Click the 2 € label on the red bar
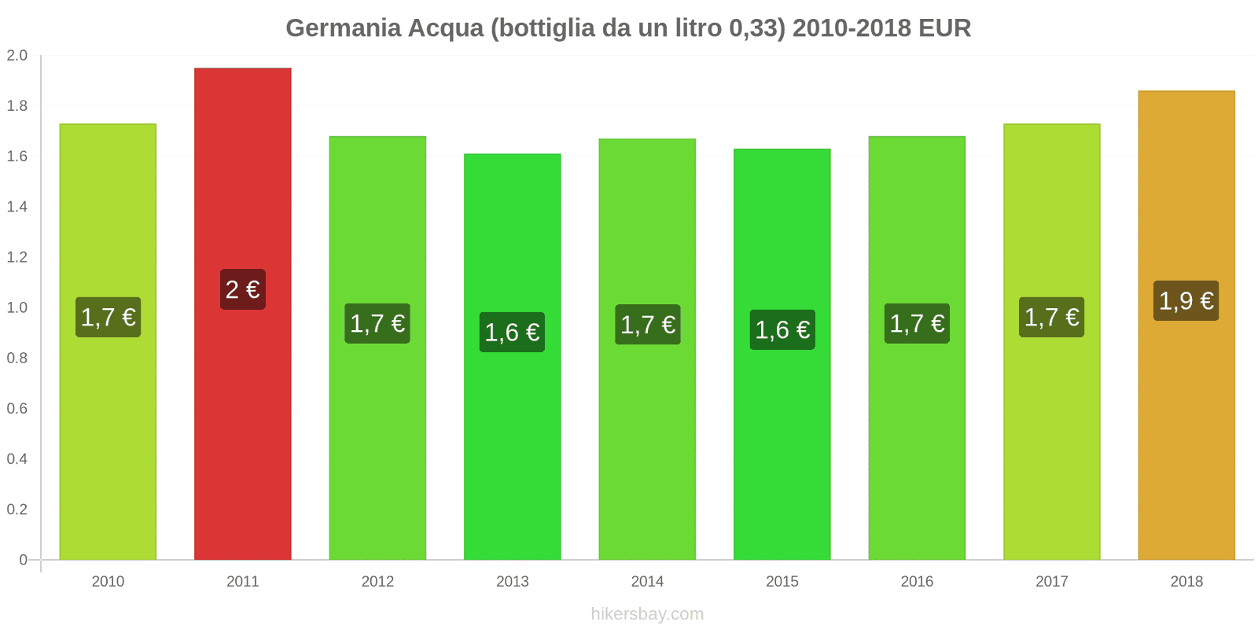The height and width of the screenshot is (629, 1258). click(x=243, y=289)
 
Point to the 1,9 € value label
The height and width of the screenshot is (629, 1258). click(x=1186, y=300)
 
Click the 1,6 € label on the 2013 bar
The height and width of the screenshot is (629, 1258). click(x=513, y=332)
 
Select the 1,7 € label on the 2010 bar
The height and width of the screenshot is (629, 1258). click(x=108, y=317)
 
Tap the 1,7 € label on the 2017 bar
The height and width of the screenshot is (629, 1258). click(x=1051, y=317)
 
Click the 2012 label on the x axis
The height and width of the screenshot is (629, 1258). click(x=377, y=581)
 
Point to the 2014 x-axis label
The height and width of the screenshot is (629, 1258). click(x=647, y=581)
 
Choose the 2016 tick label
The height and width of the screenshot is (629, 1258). click(x=917, y=581)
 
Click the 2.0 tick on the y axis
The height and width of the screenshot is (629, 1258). click(x=17, y=55)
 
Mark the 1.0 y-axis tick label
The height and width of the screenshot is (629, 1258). click(x=17, y=307)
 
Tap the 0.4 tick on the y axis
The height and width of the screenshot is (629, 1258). click(x=17, y=458)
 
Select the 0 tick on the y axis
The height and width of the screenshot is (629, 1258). click(x=23, y=560)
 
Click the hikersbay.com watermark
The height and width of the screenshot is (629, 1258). click(x=647, y=614)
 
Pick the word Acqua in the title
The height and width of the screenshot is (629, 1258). click(x=446, y=28)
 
